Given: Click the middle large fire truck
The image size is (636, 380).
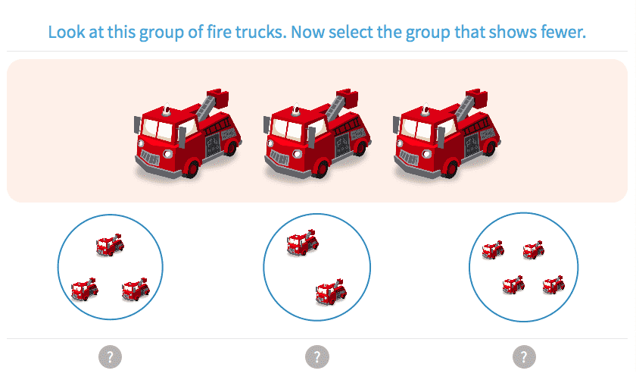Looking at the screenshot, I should click(x=317, y=134).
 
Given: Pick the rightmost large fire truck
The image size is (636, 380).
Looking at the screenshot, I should click(x=447, y=134).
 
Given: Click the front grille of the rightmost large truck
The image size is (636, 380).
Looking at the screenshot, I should click(x=409, y=158).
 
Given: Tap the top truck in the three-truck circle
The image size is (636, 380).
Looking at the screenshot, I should click(x=110, y=244).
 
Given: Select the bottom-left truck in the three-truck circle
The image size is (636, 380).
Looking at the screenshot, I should click(x=84, y=288).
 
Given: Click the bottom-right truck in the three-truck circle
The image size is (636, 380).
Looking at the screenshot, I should click(x=136, y=288).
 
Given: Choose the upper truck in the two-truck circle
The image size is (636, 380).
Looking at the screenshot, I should click(x=302, y=243).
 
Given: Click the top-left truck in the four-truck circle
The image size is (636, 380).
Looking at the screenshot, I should click(x=494, y=250).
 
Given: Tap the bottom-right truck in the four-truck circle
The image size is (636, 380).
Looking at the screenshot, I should click(x=553, y=285).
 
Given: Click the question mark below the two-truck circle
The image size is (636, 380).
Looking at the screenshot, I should click(x=317, y=356).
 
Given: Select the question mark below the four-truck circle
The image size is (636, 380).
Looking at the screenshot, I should click(x=523, y=356).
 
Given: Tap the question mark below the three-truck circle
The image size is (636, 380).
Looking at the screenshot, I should click(x=111, y=356).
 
